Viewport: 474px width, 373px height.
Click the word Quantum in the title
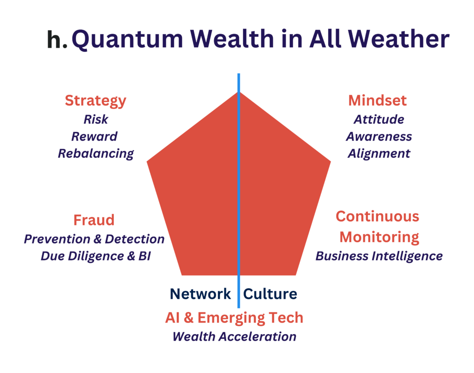click(x=127, y=39)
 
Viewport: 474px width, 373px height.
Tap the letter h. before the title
click(x=57, y=39)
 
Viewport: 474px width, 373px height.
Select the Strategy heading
click(x=95, y=101)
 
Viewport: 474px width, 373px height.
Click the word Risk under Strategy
click(x=96, y=119)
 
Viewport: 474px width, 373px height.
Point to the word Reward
click(x=94, y=137)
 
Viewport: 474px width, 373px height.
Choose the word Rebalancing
click(x=96, y=154)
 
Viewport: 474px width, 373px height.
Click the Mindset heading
click(x=377, y=100)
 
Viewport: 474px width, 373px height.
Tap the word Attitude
click(x=379, y=119)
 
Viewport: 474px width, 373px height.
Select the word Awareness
click(x=379, y=137)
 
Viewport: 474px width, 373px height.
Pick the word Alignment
click(x=379, y=154)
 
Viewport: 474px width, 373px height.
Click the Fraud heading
click(x=94, y=220)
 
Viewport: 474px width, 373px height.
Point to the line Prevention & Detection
click(x=94, y=239)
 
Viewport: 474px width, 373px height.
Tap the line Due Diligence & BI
click(x=95, y=256)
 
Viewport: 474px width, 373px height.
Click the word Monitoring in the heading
click(x=379, y=237)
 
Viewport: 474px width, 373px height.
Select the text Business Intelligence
click(x=379, y=256)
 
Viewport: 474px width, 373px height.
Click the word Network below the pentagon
click(x=200, y=294)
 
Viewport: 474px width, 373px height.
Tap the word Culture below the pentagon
click(x=270, y=294)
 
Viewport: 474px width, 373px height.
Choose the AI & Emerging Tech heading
click(x=234, y=318)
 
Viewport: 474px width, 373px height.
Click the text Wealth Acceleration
click(x=234, y=337)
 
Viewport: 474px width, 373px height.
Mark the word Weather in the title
click(x=399, y=39)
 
